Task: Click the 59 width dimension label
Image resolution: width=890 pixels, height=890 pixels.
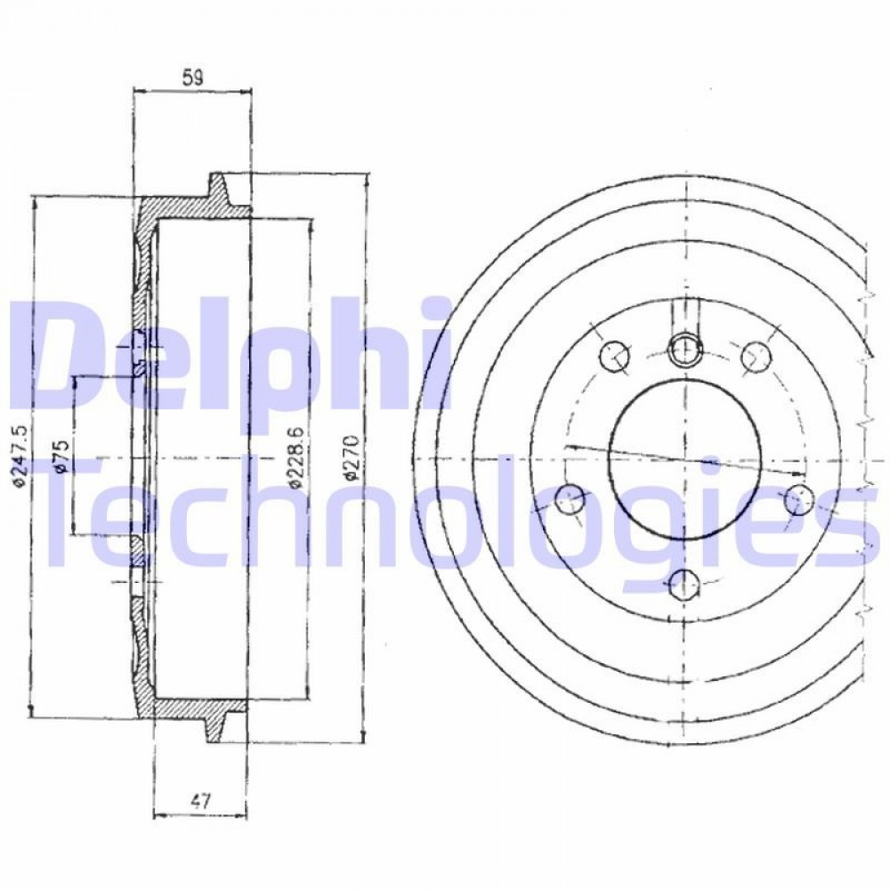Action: coord(193,77)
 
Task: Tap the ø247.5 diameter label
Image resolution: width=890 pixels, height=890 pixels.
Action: coord(20,457)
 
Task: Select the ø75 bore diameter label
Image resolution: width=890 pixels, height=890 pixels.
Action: coord(62,455)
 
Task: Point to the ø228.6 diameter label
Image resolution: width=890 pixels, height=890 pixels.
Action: coord(297,457)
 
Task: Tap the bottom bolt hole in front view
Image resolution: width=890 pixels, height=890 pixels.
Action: coord(684,585)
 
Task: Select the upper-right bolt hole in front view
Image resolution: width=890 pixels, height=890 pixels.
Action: coord(756,356)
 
